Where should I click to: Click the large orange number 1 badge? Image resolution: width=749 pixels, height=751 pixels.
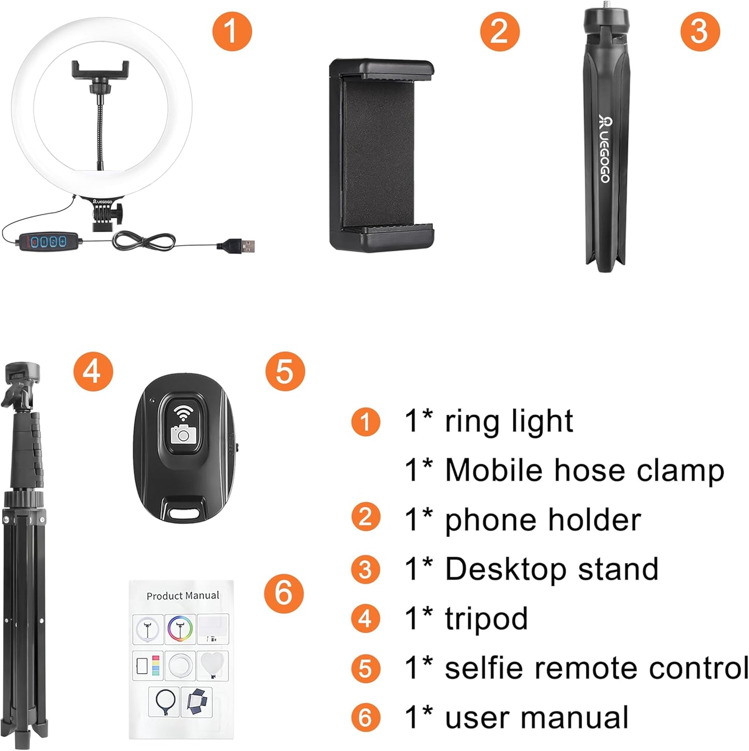coord(232,31)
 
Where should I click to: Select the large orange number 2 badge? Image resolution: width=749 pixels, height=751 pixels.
coord(499,31)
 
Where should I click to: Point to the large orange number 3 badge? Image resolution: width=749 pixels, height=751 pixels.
coord(700,31)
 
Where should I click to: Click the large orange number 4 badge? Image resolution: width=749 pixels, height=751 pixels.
coord(93,371)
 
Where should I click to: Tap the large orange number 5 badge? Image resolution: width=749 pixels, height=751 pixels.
coord(285,371)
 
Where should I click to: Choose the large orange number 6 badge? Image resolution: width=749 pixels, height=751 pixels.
coord(284,592)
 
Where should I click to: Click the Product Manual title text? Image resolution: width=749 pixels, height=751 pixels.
coord(182,596)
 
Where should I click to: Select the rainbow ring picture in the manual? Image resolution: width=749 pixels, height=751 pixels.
coord(180,629)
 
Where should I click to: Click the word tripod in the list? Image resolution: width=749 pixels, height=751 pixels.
coord(486,618)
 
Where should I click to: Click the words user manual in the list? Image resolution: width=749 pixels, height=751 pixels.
coord(536,718)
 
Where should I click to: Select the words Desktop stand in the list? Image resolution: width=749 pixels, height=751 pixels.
coord(552,569)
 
